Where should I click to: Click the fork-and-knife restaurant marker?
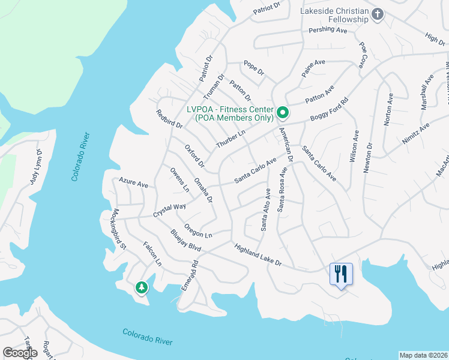click(341, 274)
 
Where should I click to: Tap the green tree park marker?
click(141, 288)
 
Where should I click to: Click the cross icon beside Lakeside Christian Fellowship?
click(377, 14)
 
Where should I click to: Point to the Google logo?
click(20, 353)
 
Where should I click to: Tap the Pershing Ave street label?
click(328, 30)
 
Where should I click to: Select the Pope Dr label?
click(253, 67)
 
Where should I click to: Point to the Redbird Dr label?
click(169, 119)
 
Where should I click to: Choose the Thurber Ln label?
click(231, 140)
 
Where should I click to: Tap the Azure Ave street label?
click(133, 182)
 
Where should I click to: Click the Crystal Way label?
click(169, 210)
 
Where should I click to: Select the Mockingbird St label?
click(120, 229)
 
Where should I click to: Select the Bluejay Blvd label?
click(185, 241)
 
